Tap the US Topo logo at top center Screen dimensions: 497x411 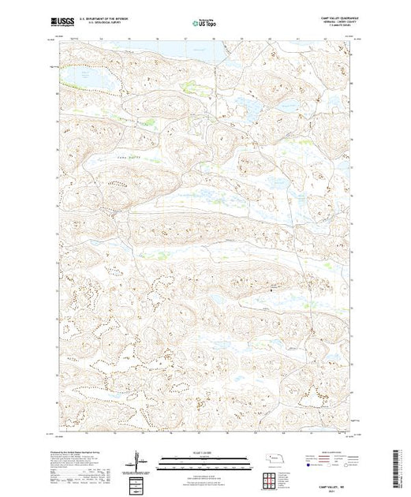tap(204, 24)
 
